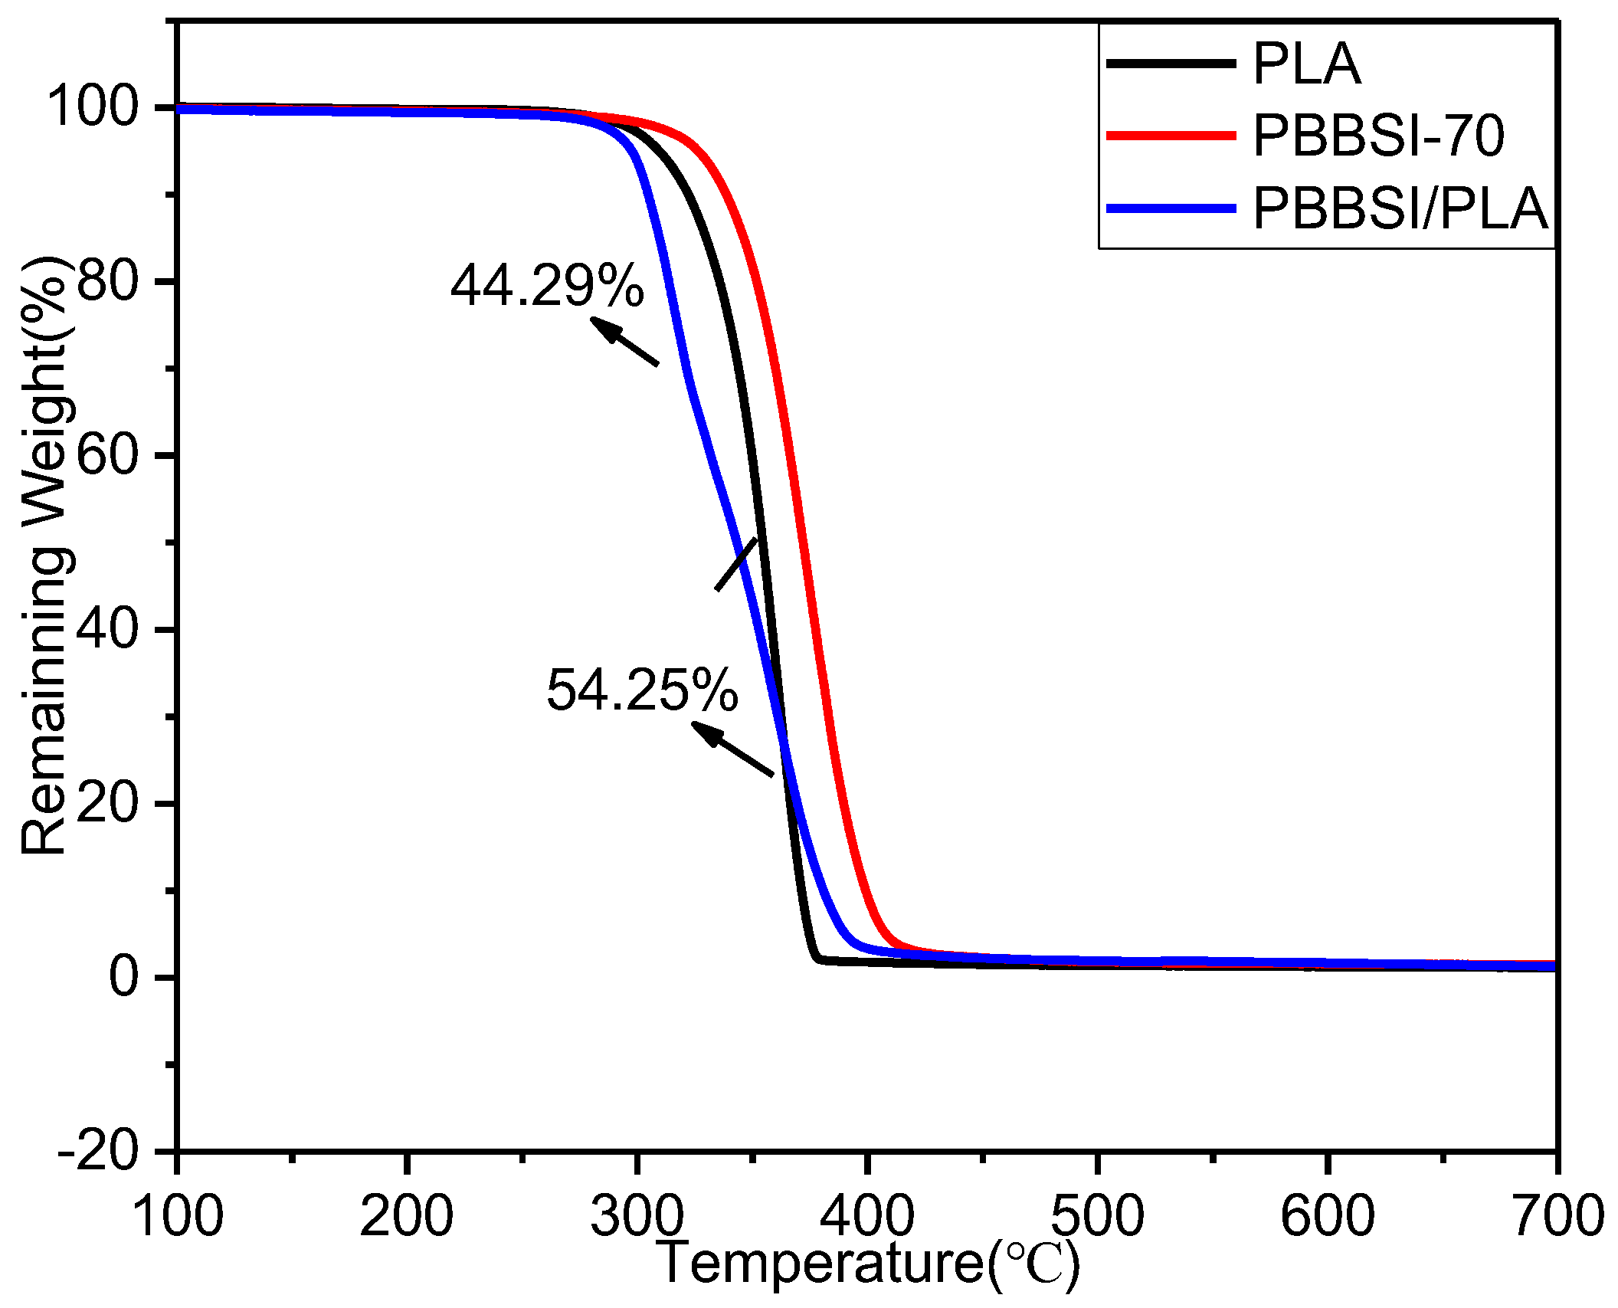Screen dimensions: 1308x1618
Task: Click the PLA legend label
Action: (1306, 64)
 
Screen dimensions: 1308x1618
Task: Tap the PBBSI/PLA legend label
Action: (1400, 208)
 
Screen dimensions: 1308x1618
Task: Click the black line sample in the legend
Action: (1171, 64)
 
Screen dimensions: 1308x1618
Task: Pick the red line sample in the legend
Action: (1171, 136)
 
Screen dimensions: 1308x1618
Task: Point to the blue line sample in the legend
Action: (1171, 208)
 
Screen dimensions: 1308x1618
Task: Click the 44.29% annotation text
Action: (547, 286)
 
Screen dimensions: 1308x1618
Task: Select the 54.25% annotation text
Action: (642, 690)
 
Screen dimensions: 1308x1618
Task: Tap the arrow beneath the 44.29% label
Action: (624, 341)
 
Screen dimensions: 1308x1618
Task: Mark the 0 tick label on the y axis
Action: (123, 977)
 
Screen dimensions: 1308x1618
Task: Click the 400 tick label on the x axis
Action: (866, 1216)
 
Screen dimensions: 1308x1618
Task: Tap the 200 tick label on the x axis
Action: (406, 1216)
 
